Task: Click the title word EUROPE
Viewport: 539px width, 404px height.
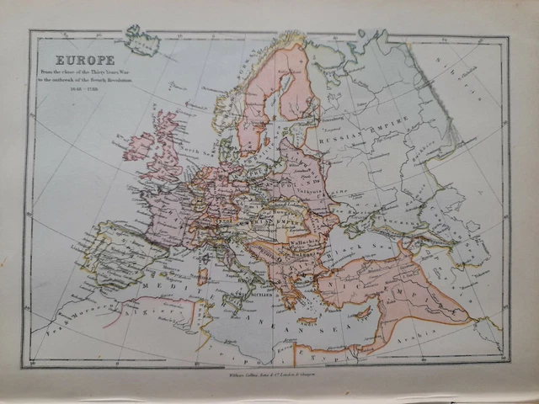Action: (85, 60)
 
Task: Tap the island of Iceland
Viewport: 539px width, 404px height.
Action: (141, 39)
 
